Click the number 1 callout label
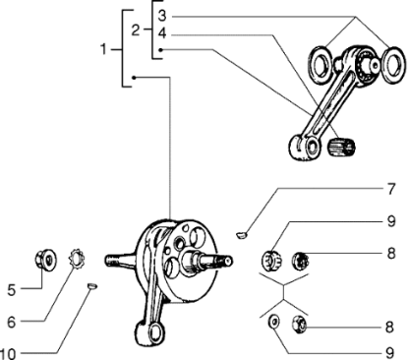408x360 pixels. [x=103, y=49]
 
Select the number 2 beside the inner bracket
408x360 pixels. [x=136, y=30]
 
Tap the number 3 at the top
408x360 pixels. [x=162, y=16]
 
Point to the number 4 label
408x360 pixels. [x=162, y=33]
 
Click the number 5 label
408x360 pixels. [x=12, y=290]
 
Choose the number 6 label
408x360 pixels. [x=12, y=323]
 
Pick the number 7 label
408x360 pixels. [x=390, y=189]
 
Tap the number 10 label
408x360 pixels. [x=8, y=354]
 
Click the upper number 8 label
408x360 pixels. [x=391, y=254]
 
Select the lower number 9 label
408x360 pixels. [x=389, y=353]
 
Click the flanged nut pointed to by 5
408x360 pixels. [x=45, y=260]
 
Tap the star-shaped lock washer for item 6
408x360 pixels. [x=76, y=258]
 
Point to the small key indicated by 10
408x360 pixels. [x=91, y=286]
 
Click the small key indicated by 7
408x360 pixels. [x=242, y=234]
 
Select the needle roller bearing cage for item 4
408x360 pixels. [x=341, y=147]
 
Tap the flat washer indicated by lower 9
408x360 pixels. [x=273, y=321]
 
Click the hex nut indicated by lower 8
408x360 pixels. [x=299, y=325]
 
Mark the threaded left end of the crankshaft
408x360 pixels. [x=112, y=261]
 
